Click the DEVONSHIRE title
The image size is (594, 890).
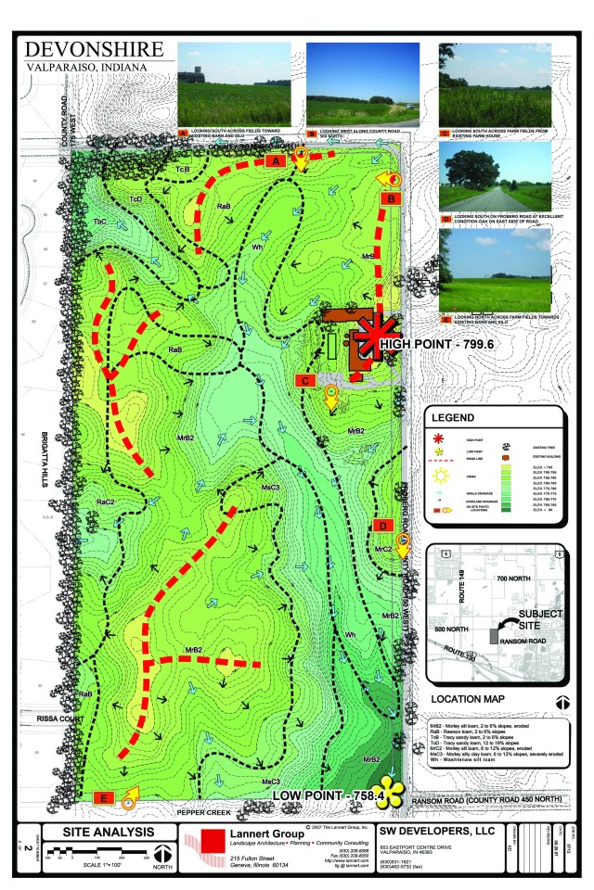click(x=94, y=49)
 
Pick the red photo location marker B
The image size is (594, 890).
click(x=391, y=198)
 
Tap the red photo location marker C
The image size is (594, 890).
click(x=304, y=380)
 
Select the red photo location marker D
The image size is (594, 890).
click(x=382, y=526)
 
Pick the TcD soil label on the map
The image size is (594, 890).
click(x=136, y=198)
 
